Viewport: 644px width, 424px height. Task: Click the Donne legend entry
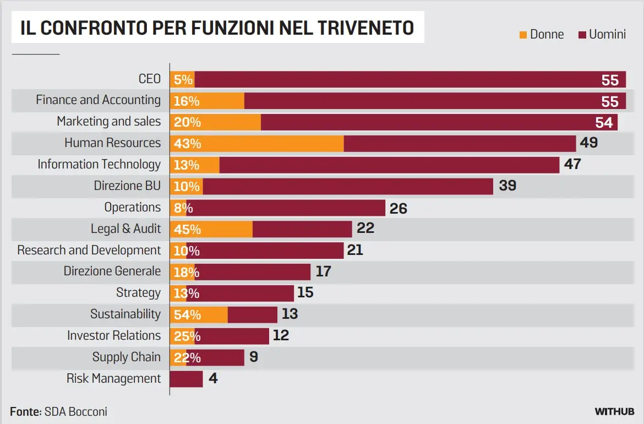pos(542,34)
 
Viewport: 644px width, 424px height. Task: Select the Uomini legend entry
pos(602,34)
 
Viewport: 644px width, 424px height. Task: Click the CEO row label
pos(150,79)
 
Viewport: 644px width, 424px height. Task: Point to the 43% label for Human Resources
pos(187,144)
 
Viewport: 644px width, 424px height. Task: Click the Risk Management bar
pos(186,379)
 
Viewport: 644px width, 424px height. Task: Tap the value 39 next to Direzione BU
pos(507,186)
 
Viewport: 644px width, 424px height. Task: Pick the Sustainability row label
pos(125,314)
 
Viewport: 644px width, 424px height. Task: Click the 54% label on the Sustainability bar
pos(187,315)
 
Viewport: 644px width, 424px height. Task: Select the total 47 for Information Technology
pos(572,164)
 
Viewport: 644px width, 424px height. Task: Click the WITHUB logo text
pos(614,411)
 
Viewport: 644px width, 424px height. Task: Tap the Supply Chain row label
pos(127,357)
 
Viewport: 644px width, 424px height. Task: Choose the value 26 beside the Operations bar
pos(398,208)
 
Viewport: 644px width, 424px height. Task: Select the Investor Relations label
pos(114,336)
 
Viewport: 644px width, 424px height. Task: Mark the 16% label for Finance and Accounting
pos(187,101)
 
